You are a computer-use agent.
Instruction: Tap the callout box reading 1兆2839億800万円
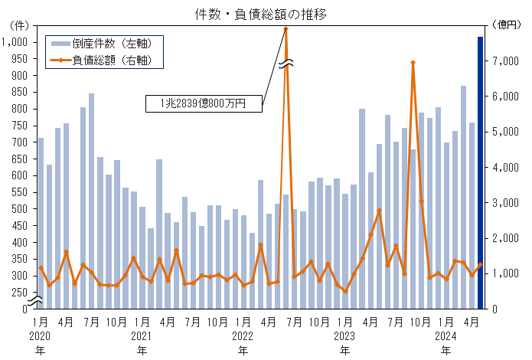(203, 103)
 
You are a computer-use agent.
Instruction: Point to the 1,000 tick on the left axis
(15, 42)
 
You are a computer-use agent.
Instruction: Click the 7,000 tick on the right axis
(506, 61)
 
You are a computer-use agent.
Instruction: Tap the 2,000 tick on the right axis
(506, 238)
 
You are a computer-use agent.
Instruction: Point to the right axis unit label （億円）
(506, 25)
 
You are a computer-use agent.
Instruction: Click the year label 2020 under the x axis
(41, 335)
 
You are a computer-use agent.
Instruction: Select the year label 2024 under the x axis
(446, 335)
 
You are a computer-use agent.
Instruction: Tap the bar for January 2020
(41, 222)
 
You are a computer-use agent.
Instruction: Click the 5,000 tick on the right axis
(506, 132)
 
